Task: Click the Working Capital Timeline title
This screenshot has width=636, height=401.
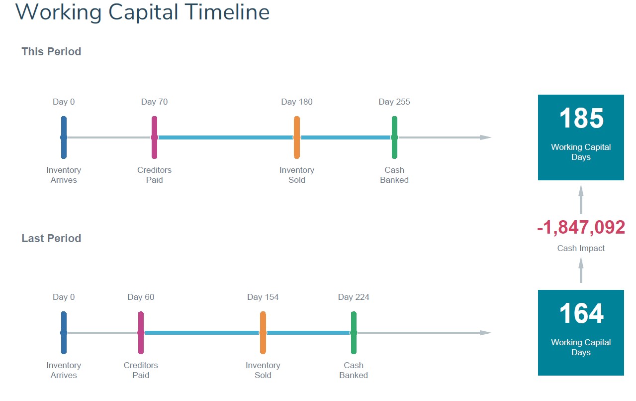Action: pyautogui.click(x=142, y=12)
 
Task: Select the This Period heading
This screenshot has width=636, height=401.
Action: pyautogui.click(x=51, y=51)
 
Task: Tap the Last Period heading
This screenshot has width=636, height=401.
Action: pyautogui.click(x=51, y=238)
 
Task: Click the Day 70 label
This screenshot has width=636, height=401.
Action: pyautogui.click(x=155, y=102)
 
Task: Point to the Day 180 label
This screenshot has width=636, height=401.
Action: pyautogui.click(x=297, y=102)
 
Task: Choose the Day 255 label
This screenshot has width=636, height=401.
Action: pyautogui.click(x=394, y=102)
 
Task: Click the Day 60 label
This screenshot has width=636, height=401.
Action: pyautogui.click(x=141, y=297)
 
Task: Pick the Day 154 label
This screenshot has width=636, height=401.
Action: pyautogui.click(x=263, y=297)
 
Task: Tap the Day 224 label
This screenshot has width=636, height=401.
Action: pyautogui.click(x=354, y=297)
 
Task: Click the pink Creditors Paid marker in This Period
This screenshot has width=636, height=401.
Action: pyautogui.click(x=155, y=137)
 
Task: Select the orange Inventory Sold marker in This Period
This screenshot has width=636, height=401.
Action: pyautogui.click(x=297, y=137)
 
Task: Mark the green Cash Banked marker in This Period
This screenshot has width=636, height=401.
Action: pyautogui.click(x=394, y=137)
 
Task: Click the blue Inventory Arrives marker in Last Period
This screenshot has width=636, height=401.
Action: pyautogui.click(x=64, y=333)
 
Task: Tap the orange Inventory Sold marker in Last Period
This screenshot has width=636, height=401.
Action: pyautogui.click(x=263, y=333)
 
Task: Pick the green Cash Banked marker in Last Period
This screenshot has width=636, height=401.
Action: pyautogui.click(x=354, y=333)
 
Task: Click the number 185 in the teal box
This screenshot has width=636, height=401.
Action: pyautogui.click(x=581, y=118)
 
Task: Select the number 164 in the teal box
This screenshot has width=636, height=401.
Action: pyautogui.click(x=581, y=313)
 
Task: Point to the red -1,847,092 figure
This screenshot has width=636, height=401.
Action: pyautogui.click(x=581, y=228)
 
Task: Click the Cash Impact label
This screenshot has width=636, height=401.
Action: pyautogui.click(x=581, y=248)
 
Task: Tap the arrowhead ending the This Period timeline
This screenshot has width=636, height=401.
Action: pyautogui.click(x=486, y=137)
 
